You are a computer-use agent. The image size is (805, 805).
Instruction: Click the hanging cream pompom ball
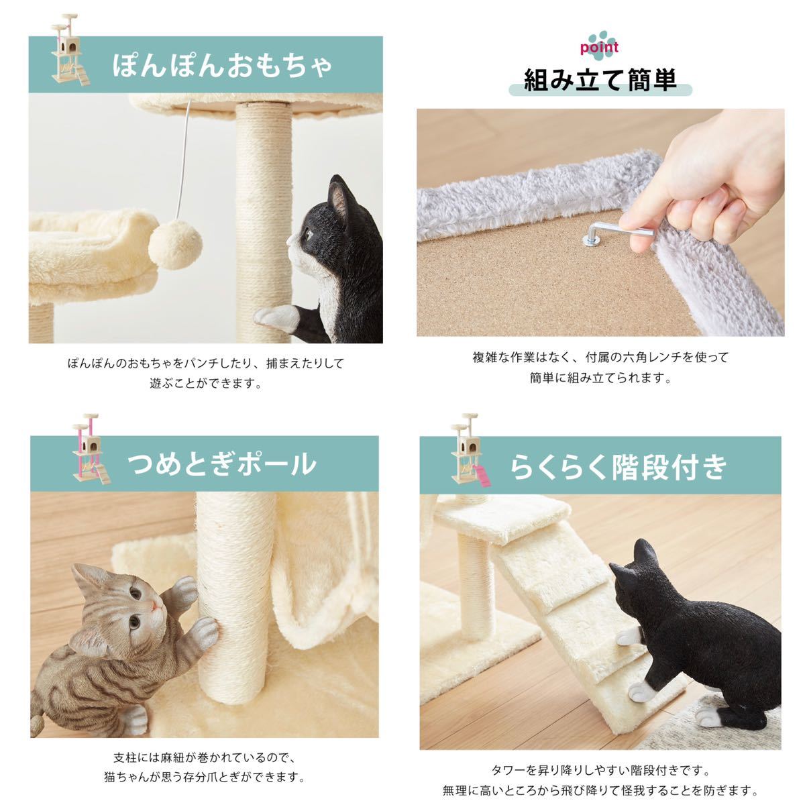(175, 245)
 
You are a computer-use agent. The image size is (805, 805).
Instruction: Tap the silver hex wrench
(613, 231)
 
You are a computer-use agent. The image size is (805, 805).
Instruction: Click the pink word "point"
(599, 48)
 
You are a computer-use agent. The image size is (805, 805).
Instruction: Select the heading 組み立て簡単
(600, 80)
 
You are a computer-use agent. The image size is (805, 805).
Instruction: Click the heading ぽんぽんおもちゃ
(222, 66)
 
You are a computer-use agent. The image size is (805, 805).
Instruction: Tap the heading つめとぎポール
(221, 464)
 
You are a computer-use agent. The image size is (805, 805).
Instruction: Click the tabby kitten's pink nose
(155, 605)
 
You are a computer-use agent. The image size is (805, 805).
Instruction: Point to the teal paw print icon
(600, 40)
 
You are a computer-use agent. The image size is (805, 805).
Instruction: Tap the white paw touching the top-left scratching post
(276, 318)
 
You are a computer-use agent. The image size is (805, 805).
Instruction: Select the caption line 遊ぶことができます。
(205, 384)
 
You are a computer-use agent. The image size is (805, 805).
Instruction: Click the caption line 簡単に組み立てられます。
(600, 378)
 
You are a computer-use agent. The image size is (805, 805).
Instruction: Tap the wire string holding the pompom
(185, 160)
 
